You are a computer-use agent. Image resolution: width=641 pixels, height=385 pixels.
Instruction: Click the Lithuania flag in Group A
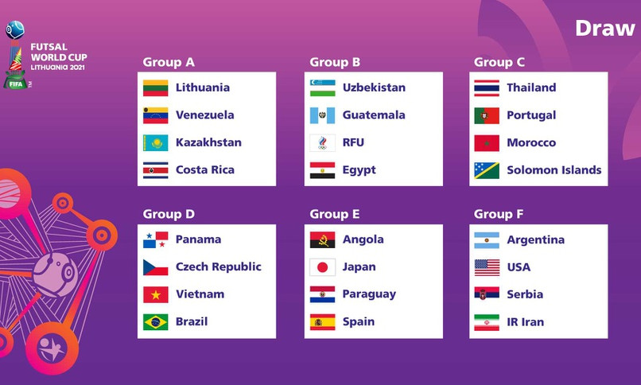tap(155, 87)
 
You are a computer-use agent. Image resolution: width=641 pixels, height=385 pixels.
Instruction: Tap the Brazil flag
tap(155, 322)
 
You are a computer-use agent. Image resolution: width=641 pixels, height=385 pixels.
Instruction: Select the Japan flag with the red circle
tap(323, 267)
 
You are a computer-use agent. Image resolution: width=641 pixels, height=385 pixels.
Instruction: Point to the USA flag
tap(487, 267)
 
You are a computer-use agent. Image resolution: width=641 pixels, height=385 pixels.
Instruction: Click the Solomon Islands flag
tap(487, 170)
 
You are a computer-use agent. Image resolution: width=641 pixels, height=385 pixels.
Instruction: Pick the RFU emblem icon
tap(323, 142)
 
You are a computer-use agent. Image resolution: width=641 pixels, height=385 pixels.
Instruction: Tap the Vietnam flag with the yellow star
tap(155, 294)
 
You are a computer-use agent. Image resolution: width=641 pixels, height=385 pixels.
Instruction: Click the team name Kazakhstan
tap(208, 142)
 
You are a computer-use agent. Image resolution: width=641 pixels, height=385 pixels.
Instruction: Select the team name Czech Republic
tap(218, 267)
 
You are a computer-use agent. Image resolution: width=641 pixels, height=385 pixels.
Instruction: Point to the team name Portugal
tap(531, 115)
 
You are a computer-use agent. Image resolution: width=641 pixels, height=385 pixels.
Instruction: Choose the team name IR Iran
tap(526, 322)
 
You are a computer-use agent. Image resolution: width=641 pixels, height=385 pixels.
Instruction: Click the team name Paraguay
tap(369, 294)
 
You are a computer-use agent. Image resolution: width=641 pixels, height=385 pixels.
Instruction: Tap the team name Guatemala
tap(374, 115)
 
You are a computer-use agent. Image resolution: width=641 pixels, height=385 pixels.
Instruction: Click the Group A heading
tap(169, 62)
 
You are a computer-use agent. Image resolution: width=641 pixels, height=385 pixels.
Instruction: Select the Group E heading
tap(334, 214)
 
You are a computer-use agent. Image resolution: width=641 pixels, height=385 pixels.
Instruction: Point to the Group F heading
tap(499, 214)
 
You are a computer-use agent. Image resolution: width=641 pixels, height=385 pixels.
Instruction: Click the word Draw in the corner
tap(605, 28)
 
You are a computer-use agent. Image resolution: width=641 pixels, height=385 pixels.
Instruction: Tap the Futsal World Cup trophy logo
tap(16, 54)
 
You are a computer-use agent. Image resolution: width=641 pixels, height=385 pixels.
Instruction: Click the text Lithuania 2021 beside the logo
tap(57, 68)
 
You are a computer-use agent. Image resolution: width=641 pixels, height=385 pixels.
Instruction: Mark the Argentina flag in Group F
tap(487, 240)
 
